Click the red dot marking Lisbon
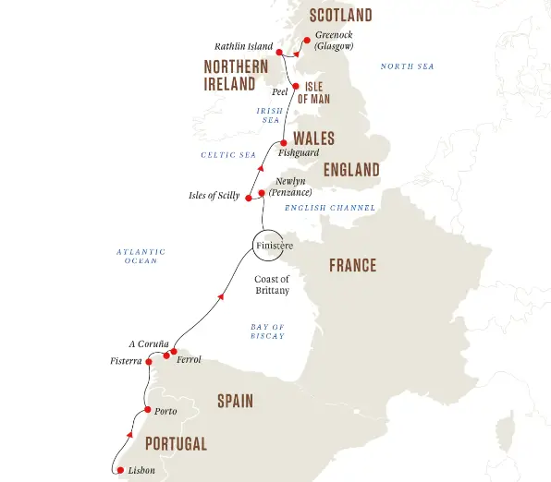(x=120, y=471)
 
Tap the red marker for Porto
(x=147, y=411)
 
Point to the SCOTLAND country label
(x=341, y=16)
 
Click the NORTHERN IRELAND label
(x=236, y=75)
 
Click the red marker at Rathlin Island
(x=279, y=53)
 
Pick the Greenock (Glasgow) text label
(x=334, y=41)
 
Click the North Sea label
(x=408, y=66)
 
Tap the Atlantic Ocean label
(x=141, y=256)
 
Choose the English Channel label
(x=330, y=208)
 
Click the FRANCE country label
(x=352, y=266)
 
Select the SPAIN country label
(x=236, y=402)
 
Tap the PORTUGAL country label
(x=176, y=444)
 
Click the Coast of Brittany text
(x=272, y=284)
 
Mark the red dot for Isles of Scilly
(x=248, y=197)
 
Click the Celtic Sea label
(x=228, y=155)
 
